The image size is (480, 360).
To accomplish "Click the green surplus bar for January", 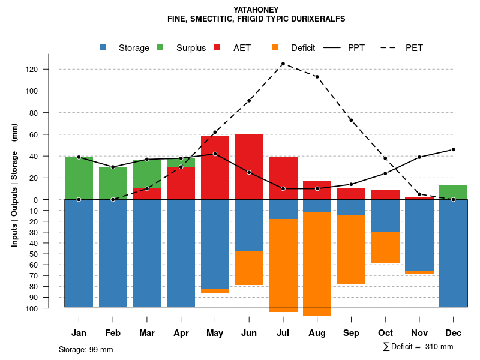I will pyautogui.click(x=79, y=178).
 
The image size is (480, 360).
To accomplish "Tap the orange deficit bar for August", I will pyautogui.click(x=317, y=263).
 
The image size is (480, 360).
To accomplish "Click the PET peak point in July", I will pyautogui.click(x=283, y=64).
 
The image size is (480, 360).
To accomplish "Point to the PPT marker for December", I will pyautogui.click(x=453, y=149).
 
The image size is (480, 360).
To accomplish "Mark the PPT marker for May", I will pyautogui.click(x=215, y=154).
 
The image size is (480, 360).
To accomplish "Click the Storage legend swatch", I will pyautogui.click(x=103, y=48).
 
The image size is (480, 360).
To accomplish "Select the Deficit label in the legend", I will pyautogui.click(x=302, y=48).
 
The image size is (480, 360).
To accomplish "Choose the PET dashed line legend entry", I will pyautogui.click(x=403, y=48).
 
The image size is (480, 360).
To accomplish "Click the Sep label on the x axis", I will pyautogui.click(x=352, y=333).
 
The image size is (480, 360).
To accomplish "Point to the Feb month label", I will pyautogui.click(x=113, y=333).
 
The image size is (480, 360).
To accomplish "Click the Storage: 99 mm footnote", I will pyautogui.click(x=86, y=349).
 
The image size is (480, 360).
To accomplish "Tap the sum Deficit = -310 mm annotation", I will pyautogui.click(x=418, y=347).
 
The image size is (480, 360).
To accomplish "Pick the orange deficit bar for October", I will pyautogui.click(x=385, y=247).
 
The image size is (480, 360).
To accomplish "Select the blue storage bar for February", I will pyautogui.click(x=113, y=253).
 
